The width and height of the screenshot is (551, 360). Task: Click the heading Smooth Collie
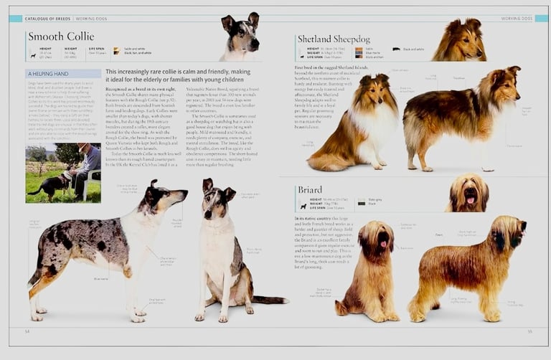click(60, 36)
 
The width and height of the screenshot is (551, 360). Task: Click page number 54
click(27, 331)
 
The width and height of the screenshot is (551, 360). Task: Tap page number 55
click(529, 331)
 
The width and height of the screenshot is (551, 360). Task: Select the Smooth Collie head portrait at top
click(241, 36)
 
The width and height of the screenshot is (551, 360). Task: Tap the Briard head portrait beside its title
click(469, 192)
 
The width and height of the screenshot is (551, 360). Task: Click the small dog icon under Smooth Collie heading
click(32, 55)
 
